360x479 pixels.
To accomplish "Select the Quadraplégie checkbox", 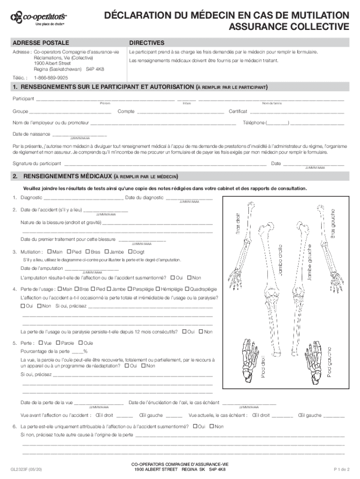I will coord(187,289).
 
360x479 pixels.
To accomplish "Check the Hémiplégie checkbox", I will coord(158,289).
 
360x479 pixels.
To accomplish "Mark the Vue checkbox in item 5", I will coord(41,343).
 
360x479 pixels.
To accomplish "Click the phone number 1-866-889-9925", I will coord(50,78).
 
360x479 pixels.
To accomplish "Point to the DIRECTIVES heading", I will coord(146,43).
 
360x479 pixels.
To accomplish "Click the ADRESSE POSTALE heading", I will coord(40,43).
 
